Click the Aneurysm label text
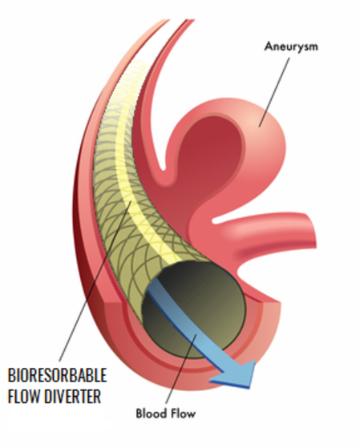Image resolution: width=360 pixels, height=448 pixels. coord(291,46)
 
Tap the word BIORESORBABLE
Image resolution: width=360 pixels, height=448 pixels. coord(58,375)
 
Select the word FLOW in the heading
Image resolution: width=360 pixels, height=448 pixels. coord(23,396)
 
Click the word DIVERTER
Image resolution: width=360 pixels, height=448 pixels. coord(73,396)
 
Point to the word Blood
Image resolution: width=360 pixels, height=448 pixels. coord(151,414)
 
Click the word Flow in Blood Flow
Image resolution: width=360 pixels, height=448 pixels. coord(183,414)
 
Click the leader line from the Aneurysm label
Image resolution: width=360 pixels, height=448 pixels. coord(274,91)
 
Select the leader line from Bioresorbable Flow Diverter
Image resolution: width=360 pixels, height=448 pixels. coord(95,281)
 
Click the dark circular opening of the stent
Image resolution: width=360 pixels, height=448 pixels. coord(193,309)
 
